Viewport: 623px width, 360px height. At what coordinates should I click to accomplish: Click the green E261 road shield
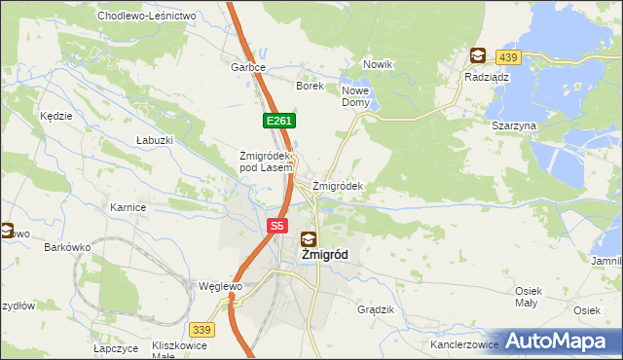[278, 121]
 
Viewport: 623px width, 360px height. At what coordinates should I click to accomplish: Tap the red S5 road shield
[277, 226]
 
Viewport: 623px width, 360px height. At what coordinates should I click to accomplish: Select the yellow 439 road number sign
[507, 57]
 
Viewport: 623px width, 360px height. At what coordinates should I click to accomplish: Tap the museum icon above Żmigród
[309, 238]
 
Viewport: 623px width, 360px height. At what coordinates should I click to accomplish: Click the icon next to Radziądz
[477, 56]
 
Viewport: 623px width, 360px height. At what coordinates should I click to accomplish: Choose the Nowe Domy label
[355, 96]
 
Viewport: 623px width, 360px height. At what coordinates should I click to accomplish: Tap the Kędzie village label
[56, 116]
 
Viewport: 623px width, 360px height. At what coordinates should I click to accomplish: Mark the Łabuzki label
[155, 140]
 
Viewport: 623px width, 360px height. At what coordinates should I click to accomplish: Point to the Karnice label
[128, 207]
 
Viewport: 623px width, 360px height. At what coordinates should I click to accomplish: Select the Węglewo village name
[219, 287]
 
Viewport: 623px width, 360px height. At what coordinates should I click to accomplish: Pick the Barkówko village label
[67, 247]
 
